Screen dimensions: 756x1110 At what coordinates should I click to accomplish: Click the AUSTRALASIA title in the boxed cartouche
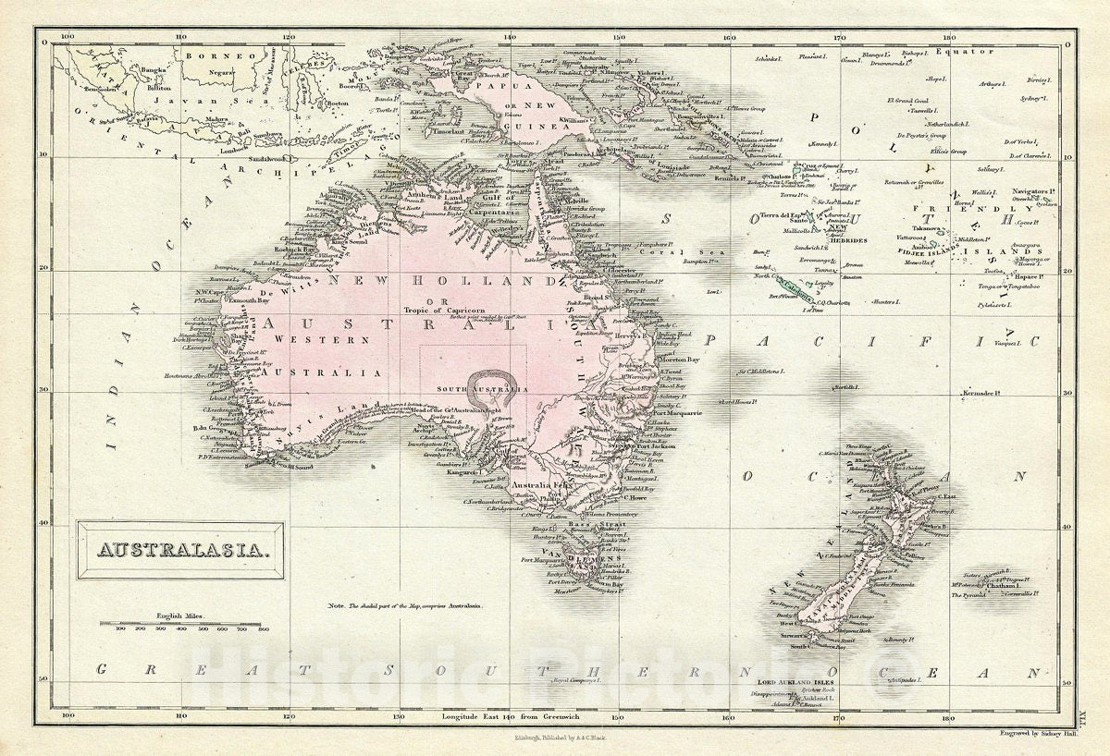point(180,551)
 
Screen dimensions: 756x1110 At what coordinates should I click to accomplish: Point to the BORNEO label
point(206,55)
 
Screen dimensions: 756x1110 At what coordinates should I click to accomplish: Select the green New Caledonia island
point(792,292)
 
